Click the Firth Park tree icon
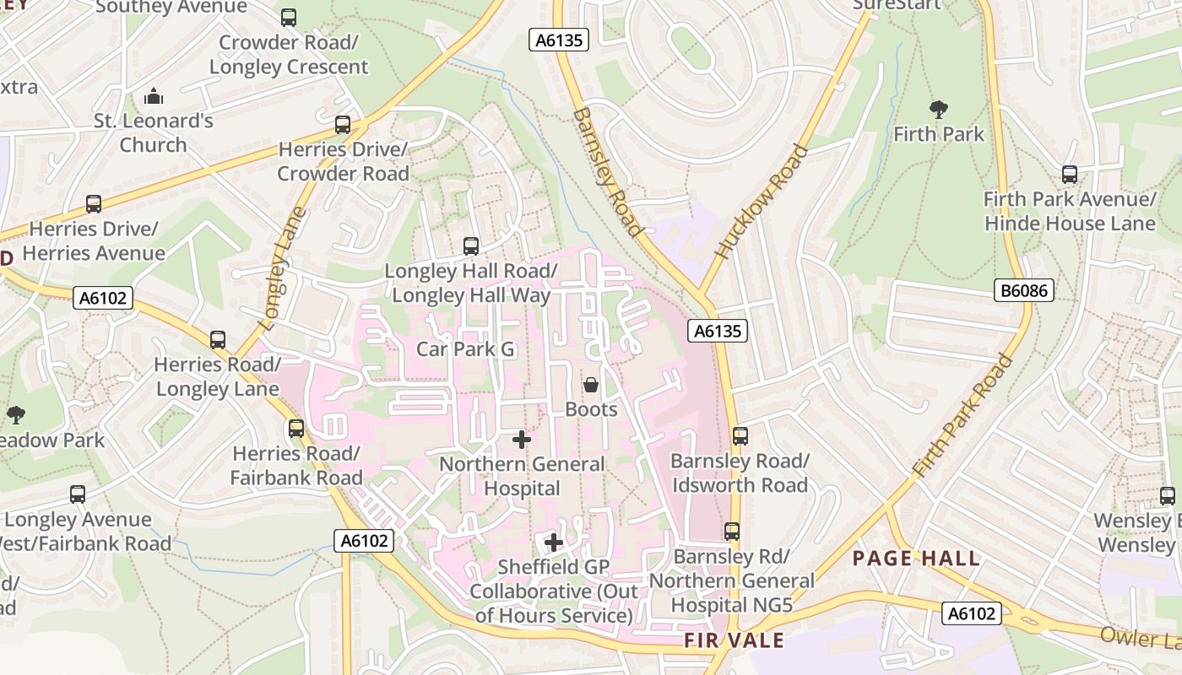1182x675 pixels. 938,109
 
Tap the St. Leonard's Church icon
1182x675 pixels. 153,95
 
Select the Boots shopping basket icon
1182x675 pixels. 591,385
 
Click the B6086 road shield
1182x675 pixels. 1024,291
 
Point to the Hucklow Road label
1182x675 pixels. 762,202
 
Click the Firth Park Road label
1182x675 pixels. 963,415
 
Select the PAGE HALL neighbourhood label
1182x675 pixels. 916,559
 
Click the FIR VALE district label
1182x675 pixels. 734,640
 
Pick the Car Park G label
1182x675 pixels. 465,349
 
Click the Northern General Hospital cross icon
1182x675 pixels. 522,439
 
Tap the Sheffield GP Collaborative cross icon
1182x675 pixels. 554,542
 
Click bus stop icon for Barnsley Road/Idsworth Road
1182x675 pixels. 740,436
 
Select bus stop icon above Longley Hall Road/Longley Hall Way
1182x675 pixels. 471,246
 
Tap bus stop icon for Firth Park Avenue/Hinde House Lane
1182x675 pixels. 1070,175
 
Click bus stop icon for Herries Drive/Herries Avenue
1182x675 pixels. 94,204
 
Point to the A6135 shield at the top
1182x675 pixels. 558,40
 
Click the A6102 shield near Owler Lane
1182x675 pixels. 972,613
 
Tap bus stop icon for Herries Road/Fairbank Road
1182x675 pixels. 296,428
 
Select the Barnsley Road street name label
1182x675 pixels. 607,171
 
